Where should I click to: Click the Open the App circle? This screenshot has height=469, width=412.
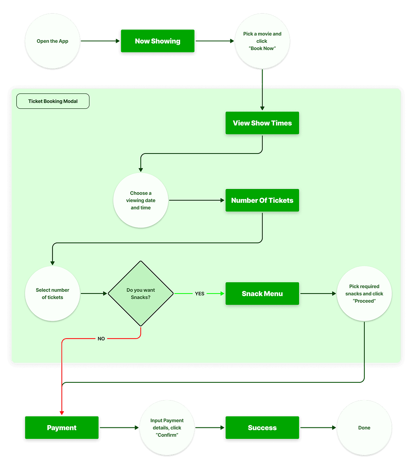click(53, 41)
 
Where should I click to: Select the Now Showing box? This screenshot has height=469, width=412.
click(157, 41)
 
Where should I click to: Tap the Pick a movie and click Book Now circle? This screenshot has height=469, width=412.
click(262, 41)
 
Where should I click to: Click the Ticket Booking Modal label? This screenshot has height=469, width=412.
click(53, 101)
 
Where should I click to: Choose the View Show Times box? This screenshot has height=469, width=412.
click(262, 123)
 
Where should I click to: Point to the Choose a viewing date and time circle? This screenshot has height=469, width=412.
click(141, 200)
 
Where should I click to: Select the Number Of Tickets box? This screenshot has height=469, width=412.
click(262, 200)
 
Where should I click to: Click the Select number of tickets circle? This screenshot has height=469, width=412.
click(53, 294)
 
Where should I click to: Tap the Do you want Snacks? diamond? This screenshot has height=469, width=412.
click(141, 294)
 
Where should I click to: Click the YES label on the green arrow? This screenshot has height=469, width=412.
click(200, 294)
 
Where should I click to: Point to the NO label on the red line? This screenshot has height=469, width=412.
click(101, 339)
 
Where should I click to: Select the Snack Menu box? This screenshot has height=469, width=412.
click(262, 294)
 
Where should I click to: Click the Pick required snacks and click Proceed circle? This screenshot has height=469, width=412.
click(364, 294)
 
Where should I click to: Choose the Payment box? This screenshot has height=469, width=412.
click(62, 428)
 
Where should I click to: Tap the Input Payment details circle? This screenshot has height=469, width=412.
click(167, 428)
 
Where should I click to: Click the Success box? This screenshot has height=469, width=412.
click(262, 428)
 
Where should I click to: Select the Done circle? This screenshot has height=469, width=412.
click(364, 428)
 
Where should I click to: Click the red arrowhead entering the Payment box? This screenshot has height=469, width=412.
click(62, 413)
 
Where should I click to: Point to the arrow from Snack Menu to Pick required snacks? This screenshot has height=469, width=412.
click(318, 294)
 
